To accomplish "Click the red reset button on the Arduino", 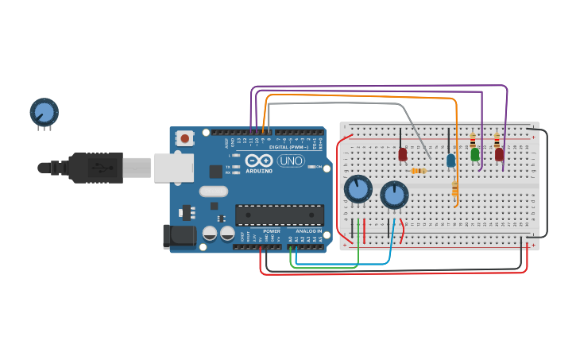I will (185, 138).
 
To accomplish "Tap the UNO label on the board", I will (291, 161).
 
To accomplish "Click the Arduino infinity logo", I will (260, 160).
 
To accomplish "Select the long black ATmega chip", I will (279, 215).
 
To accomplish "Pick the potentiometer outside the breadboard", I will (44, 112).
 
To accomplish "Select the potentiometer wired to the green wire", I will (358, 189).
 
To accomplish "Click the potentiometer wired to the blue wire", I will (394, 195).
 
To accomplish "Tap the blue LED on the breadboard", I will (450, 161).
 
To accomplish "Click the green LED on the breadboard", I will (475, 154).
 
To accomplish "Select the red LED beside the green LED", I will (499, 154).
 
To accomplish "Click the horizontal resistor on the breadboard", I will (419, 170).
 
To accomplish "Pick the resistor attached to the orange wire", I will (455, 188).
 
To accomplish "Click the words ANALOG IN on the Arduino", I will (309, 231).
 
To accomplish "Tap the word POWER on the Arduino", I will (272, 231).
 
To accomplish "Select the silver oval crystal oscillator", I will (214, 191).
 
